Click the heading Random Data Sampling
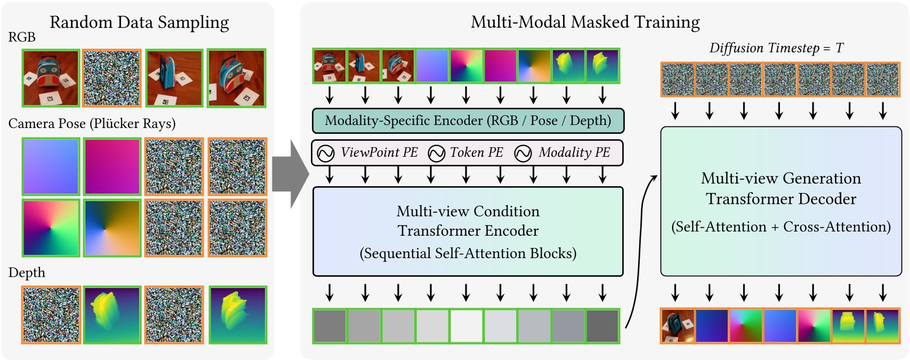point(139,22)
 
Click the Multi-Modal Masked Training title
point(585,22)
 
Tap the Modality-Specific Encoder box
point(468,121)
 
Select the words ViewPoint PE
point(379,153)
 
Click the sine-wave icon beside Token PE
point(437,154)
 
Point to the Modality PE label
point(574,153)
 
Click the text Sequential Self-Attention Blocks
point(468,253)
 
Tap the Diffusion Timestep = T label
point(776,48)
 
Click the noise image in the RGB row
point(112,78)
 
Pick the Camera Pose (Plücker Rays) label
point(92,124)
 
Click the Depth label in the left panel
point(27,273)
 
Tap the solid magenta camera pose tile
point(112,166)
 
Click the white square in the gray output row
point(466,326)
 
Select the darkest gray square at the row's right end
point(602,326)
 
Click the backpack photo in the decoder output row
point(678,326)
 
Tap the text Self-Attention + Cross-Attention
point(781,227)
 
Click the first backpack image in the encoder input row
point(329,66)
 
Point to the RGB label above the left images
point(22,37)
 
